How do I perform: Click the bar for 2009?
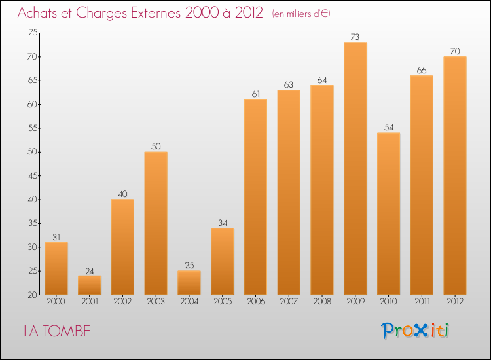355,168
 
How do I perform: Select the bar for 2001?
89,285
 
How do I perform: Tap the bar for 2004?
189,283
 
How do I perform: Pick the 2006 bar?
255,196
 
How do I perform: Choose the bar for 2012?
454,175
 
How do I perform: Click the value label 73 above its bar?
355,37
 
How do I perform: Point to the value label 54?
388,127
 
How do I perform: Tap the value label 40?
122,194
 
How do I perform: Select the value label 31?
56,237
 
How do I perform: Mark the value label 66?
422,70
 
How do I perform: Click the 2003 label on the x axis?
155,302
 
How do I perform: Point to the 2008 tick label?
321,302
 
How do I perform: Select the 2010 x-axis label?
388,302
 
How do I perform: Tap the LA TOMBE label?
57,331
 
